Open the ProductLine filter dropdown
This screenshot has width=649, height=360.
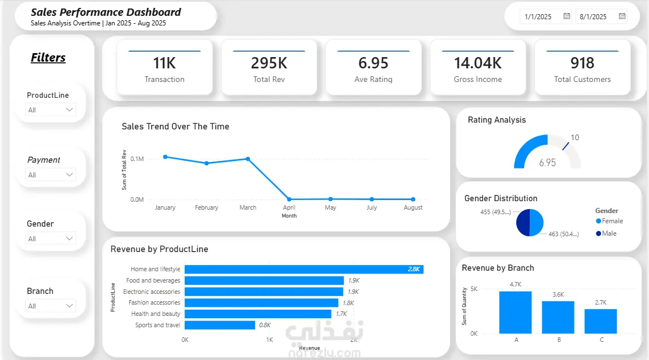click(50, 110)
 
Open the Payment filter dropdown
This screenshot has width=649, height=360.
click(50, 175)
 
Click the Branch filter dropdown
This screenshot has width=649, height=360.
click(50, 306)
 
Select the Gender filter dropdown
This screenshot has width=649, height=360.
click(50, 238)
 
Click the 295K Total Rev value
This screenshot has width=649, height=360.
click(269, 63)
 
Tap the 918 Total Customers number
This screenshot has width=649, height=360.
click(582, 63)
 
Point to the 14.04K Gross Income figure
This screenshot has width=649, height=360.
click(478, 63)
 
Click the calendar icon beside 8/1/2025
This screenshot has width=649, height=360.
click(622, 16)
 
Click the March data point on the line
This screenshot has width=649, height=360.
click(248, 159)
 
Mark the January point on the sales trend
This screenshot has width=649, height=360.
click(165, 157)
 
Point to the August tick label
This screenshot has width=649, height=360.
click(413, 207)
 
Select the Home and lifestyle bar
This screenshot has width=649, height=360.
click(304, 269)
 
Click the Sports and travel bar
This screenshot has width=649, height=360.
click(220, 325)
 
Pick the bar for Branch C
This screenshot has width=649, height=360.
click(600, 321)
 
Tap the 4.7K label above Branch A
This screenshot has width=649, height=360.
click(515, 284)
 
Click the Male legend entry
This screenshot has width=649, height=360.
click(606, 233)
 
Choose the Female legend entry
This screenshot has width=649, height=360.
click(609, 221)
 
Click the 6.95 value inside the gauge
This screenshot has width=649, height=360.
click(547, 162)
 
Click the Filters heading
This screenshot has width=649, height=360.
click(48, 58)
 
